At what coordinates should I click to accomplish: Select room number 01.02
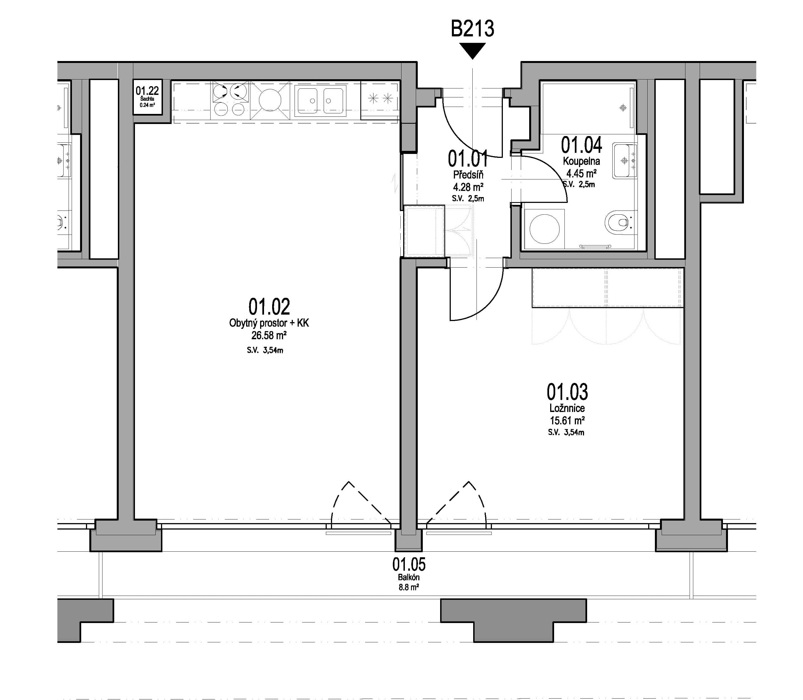click(269, 307)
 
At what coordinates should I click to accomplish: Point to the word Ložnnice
click(567, 409)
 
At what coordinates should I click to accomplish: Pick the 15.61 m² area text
click(567, 421)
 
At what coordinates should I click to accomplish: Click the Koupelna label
click(582, 161)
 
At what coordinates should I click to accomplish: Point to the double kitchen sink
click(320, 100)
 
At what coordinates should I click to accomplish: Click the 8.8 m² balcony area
click(409, 587)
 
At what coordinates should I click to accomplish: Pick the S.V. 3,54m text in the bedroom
click(566, 432)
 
